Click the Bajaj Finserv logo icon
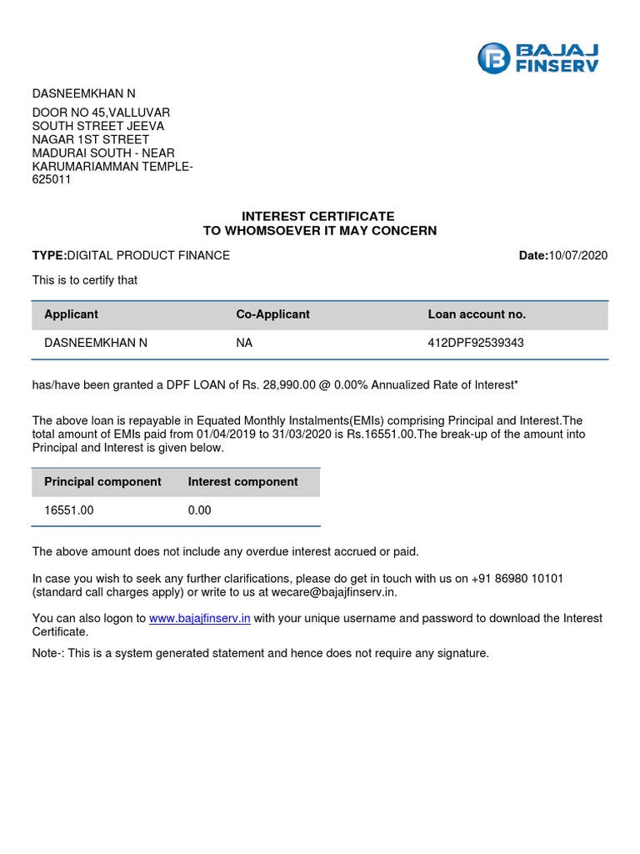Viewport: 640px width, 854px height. click(492, 58)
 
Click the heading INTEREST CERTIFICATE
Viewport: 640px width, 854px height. click(319, 216)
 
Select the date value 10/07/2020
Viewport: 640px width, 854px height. click(578, 255)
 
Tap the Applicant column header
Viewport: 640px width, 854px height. click(71, 314)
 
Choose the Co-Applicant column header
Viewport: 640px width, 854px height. click(272, 314)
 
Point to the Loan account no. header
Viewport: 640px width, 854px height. click(477, 314)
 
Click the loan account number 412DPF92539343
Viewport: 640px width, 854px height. click(476, 343)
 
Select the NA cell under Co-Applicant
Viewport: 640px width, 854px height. click(245, 343)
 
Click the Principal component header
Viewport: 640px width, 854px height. click(102, 481)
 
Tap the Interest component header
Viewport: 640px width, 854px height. click(242, 481)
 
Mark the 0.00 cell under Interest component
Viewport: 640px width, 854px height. click(200, 510)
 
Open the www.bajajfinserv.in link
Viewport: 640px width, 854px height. click(200, 619)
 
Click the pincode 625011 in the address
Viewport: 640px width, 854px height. click(52, 179)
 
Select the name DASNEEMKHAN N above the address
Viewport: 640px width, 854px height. click(83, 93)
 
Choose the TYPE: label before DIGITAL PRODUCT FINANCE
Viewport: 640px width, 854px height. click(49, 255)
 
